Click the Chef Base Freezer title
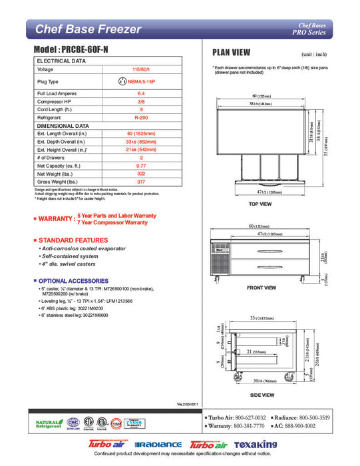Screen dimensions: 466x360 point(88,29)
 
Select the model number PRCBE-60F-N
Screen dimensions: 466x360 point(74,50)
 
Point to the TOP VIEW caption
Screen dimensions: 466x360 point(260,204)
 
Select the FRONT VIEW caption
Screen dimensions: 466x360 point(261,288)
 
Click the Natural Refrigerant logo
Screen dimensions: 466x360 point(47,423)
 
